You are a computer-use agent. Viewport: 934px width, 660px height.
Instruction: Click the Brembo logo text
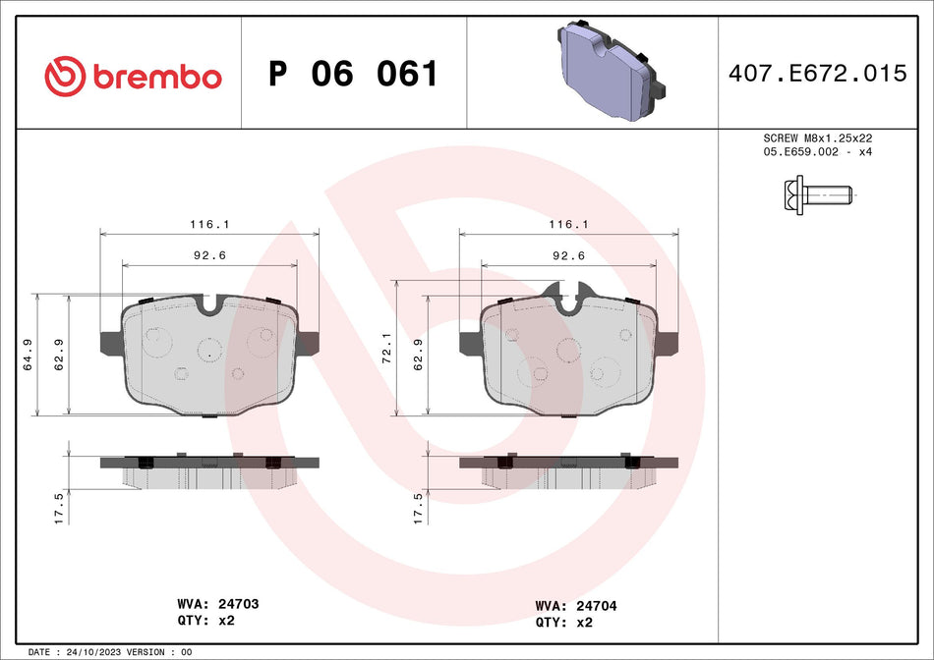[x=157, y=77]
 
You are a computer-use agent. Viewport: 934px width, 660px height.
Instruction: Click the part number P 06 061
[x=353, y=75]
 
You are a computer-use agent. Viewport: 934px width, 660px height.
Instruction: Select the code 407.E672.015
[x=816, y=74]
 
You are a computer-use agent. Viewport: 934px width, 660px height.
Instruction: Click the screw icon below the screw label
[x=810, y=195]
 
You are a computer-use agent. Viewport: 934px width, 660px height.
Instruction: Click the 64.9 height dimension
[x=29, y=354]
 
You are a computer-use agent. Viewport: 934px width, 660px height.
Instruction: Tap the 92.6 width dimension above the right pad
[x=568, y=255]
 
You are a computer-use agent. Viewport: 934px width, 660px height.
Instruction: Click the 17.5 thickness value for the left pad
[x=59, y=509]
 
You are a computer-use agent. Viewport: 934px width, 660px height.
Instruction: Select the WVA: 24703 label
[x=218, y=604]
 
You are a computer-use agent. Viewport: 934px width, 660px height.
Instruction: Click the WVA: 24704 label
[x=576, y=606]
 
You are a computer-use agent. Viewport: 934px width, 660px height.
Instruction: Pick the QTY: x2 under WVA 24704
[x=564, y=622]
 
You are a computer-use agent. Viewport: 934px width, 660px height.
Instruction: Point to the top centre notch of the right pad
[x=568, y=297]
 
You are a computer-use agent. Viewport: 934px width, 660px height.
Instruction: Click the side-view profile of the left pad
[x=209, y=469]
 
